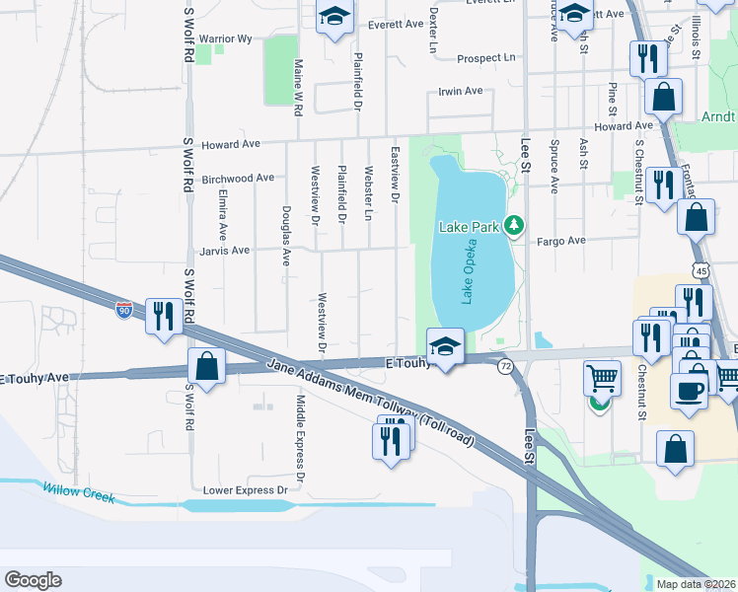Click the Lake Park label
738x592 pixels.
coord(470,227)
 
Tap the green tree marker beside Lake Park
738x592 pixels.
coord(513,226)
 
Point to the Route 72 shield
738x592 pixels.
coord(505,366)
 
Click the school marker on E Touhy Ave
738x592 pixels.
coord(445,346)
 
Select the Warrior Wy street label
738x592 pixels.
coord(226,38)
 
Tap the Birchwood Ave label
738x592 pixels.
coord(237,179)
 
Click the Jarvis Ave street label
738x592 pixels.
coord(226,251)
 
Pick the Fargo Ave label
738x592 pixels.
coord(561,240)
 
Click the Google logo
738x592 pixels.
coord(33,580)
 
